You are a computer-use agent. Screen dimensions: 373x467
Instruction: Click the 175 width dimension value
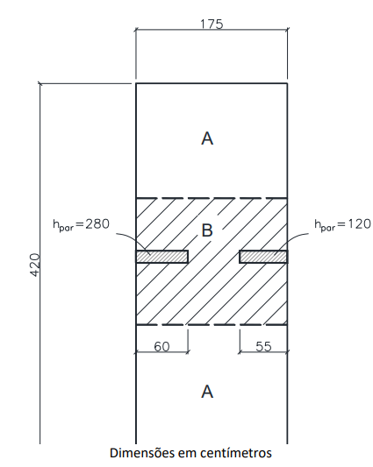coord(212,25)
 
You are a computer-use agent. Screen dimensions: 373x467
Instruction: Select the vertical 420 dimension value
coord(35,265)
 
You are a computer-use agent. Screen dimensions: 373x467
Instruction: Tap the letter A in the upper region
coord(207,138)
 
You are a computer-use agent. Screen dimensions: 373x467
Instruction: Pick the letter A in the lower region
coord(207,392)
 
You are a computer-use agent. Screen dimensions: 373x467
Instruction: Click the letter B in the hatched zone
coord(207,230)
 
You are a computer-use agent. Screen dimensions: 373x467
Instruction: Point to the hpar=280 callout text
coord(81,224)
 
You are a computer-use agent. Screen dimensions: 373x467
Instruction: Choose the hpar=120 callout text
coord(342,224)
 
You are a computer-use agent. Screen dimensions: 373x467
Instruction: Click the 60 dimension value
coord(161,346)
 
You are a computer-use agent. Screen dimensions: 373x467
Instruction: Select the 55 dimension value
coord(264,346)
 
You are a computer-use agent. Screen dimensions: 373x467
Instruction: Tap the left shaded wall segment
coord(162,257)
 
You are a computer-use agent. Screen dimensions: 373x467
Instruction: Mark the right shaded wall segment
coord(263,257)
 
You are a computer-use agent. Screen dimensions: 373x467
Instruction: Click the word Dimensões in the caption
coord(142,453)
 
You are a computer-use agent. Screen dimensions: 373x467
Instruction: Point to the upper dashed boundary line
coord(212,198)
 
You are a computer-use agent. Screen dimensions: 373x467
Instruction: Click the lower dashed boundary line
coord(212,325)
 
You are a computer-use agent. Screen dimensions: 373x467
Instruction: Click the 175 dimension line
coord(212,30)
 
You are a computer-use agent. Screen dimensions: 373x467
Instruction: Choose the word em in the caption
coord(187,454)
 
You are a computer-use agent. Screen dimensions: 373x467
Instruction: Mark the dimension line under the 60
coord(162,352)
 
